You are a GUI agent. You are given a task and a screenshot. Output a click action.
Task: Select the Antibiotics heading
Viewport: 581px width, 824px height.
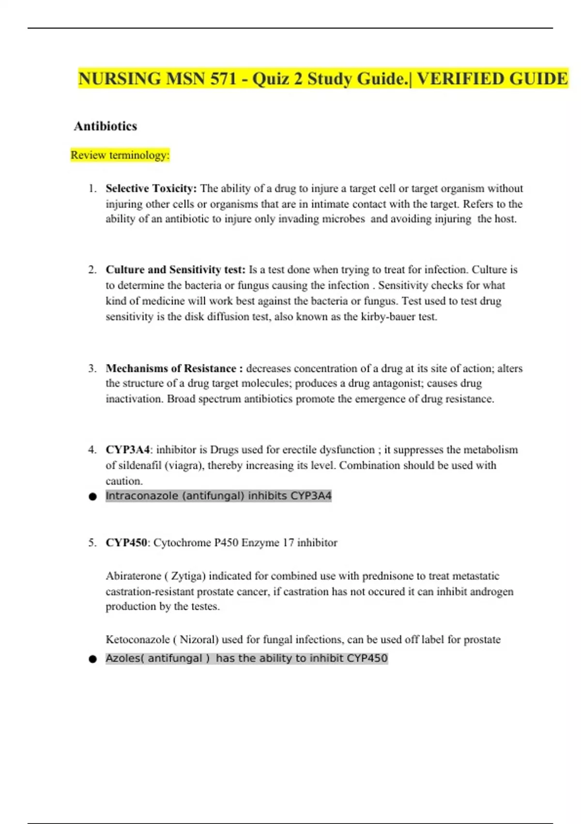106,126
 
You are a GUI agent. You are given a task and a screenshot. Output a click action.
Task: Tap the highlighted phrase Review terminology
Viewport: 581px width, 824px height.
120,155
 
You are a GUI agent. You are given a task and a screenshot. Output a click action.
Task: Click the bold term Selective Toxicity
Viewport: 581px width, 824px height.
151,188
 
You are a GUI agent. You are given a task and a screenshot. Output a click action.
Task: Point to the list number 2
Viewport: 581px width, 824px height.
92,269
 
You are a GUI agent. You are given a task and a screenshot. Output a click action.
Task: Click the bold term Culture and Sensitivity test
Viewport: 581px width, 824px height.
175,269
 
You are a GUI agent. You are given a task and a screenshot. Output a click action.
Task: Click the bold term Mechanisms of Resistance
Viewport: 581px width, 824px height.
171,368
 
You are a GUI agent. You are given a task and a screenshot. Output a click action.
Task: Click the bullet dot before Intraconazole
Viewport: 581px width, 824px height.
92,496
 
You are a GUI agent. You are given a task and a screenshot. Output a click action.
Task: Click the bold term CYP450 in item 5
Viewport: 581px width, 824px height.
126,542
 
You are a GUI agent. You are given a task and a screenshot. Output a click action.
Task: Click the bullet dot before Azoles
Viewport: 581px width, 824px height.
92,659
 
